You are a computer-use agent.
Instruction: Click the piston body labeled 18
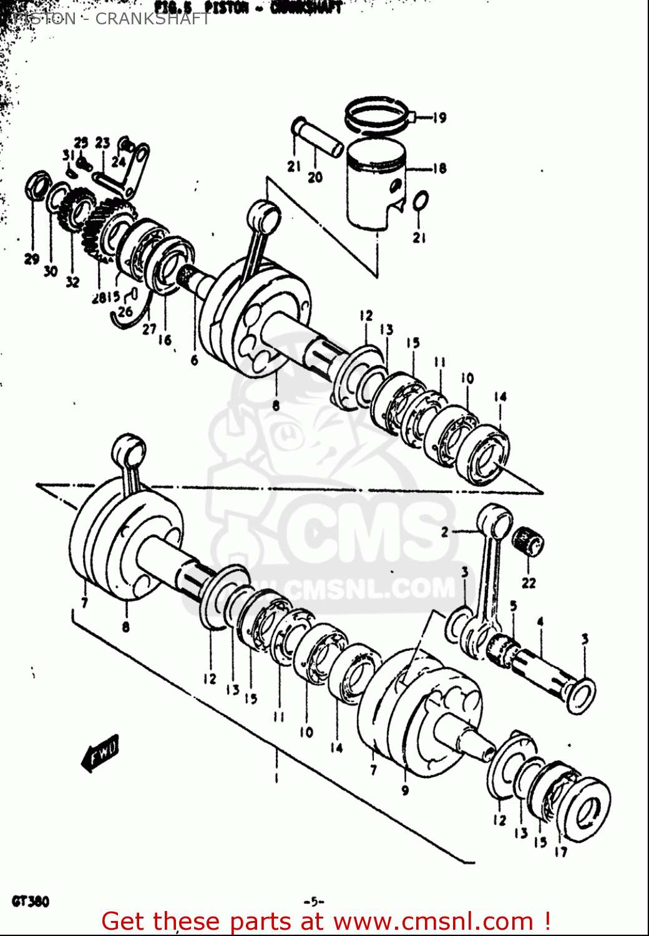(x=374, y=187)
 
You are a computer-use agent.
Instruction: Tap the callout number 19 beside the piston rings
(x=439, y=117)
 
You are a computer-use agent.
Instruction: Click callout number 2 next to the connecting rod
(x=444, y=532)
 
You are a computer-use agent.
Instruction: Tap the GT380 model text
(x=29, y=901)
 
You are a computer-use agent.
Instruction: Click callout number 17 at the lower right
(x=561, y=851)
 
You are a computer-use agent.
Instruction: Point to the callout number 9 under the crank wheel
(x=405, y=791)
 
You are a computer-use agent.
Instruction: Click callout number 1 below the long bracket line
(x=275, y=778)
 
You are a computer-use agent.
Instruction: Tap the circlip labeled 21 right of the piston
(x=421, y=202)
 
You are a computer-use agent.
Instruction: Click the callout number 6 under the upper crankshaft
(x=194, y=360)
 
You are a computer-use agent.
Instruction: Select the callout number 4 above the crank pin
(x=540, y=622)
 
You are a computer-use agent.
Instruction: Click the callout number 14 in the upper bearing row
(x=500, y=397)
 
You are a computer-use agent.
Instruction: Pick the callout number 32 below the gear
(x=73, y=281)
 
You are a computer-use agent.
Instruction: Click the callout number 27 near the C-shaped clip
(x=149, y=329)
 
